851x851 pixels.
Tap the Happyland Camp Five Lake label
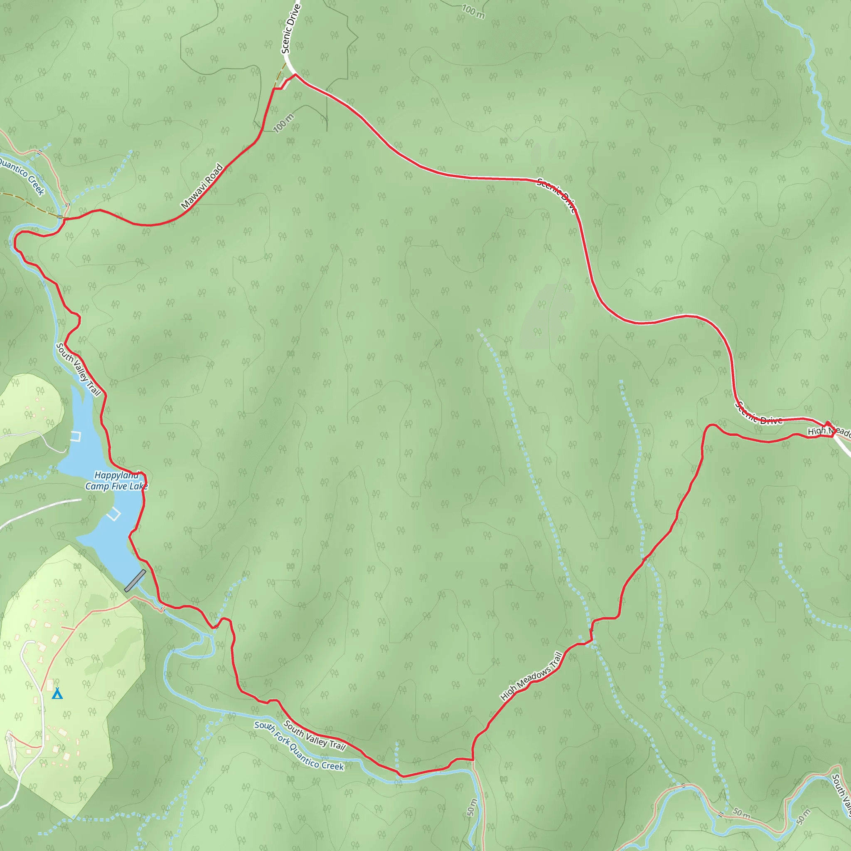point(116,481)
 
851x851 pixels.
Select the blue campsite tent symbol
point(57,694)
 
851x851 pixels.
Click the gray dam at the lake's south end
point(135,580)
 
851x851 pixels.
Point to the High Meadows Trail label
point(531,676)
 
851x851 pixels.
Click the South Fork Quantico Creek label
point(299,746)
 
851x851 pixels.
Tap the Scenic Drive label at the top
point(291,29)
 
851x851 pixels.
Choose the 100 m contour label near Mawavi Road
point(283,123)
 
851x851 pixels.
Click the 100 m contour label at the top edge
point(473,12)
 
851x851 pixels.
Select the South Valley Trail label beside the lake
point(79,369)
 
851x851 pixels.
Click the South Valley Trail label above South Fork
point(314,735)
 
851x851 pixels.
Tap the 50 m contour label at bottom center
point(471,807)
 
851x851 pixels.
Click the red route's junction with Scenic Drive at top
point(295,75)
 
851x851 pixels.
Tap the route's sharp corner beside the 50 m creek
point(472,760)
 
